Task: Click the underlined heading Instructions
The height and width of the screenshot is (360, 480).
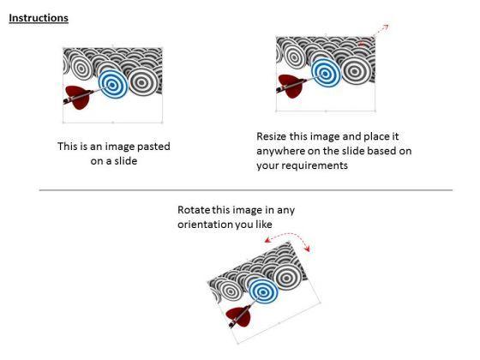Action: (39, 18)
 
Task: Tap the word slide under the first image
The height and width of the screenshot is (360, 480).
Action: (125, 161)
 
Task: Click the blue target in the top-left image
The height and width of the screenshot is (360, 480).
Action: (113, 84)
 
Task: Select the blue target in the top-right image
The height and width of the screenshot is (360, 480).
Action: (326, 73)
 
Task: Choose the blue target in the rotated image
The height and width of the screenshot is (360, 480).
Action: (263, 291)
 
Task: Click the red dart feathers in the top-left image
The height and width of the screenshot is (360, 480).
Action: (79, 97)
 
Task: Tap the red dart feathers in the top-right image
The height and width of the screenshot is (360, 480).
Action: (291, 86)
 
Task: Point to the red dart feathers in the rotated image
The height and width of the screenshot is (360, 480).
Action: (239, 316)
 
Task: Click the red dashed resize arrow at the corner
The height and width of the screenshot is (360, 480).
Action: (381, 31)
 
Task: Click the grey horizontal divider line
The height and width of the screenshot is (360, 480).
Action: (246, 190)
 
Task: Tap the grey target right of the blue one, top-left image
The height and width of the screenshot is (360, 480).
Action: (142, 81)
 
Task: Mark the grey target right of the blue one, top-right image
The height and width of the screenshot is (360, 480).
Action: (355, 70)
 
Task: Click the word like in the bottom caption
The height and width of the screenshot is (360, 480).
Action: (264, 225)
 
